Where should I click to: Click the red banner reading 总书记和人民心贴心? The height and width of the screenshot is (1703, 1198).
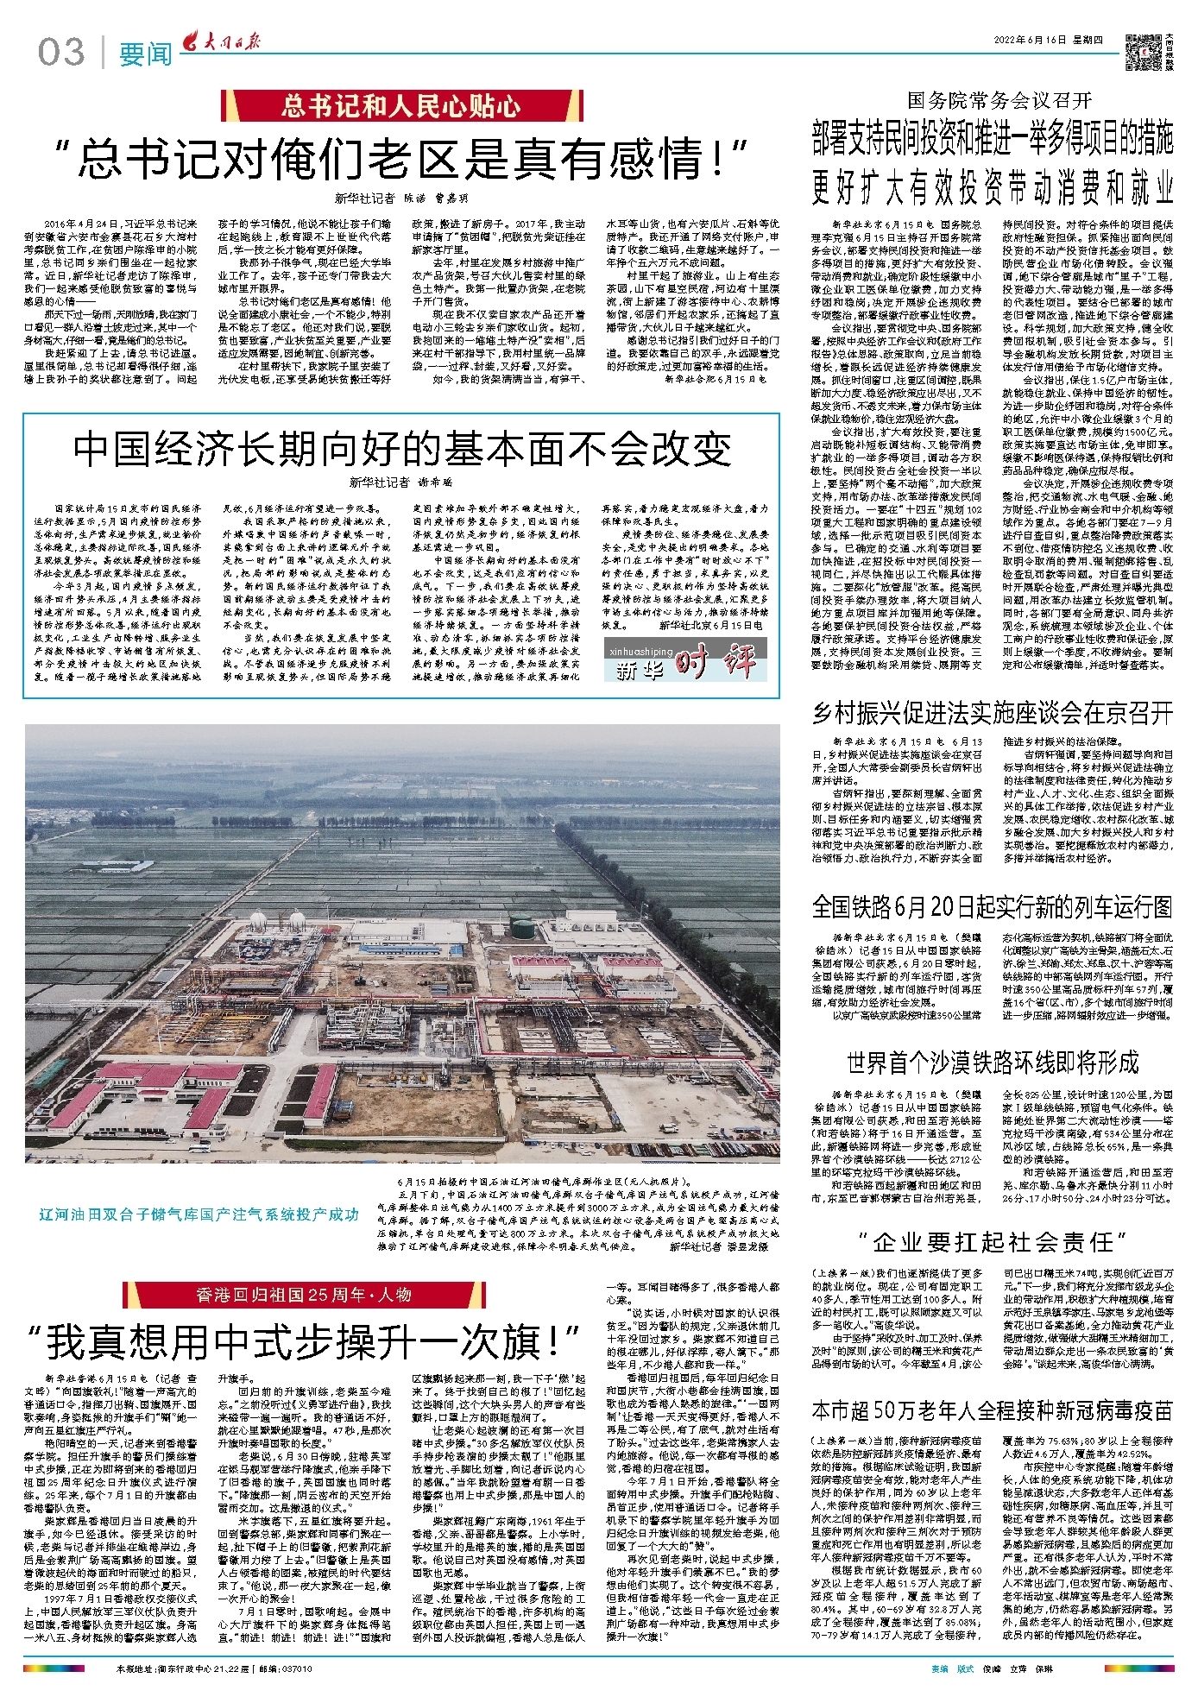pos(401,106)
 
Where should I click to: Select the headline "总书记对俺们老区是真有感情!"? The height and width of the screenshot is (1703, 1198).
pos(401,158)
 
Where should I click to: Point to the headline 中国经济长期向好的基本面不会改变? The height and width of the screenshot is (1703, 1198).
pos(401,448)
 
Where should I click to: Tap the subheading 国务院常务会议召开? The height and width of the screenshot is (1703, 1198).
pos(999,100)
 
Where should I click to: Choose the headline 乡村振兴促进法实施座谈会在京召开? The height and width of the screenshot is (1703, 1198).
pos(993,712)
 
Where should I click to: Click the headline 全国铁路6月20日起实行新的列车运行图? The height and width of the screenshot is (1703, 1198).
pos(993,906)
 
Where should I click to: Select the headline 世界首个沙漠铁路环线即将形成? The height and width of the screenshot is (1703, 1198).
pos(993,1062)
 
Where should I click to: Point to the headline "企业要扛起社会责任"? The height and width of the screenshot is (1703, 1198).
pos(993,1242)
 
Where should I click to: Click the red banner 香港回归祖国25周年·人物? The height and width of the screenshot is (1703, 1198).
pos(304,1295)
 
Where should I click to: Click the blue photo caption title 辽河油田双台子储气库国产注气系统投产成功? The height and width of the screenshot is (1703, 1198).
pos(199,1214)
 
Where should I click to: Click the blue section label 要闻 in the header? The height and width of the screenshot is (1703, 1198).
pos(145,54)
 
